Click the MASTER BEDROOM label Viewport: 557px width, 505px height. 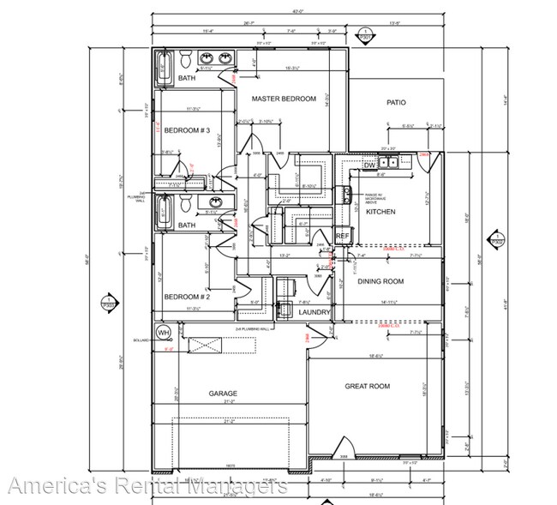tap(284, 99)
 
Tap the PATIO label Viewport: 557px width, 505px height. tap(395, 102)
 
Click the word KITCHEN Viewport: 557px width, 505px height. tap(380, 211)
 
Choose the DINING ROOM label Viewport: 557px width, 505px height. tap(380, 281)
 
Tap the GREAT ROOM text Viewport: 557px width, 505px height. tap(367, 387)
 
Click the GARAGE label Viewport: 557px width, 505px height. tap(223, 394)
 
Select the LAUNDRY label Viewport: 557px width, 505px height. tap(314, 312)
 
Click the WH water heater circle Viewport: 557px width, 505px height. tap(163, 332)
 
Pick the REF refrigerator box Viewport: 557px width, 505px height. tap(342, 235)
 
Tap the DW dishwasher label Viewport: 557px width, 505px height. tap(369, 165)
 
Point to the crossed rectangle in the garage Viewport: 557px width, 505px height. tap(205, 347)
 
